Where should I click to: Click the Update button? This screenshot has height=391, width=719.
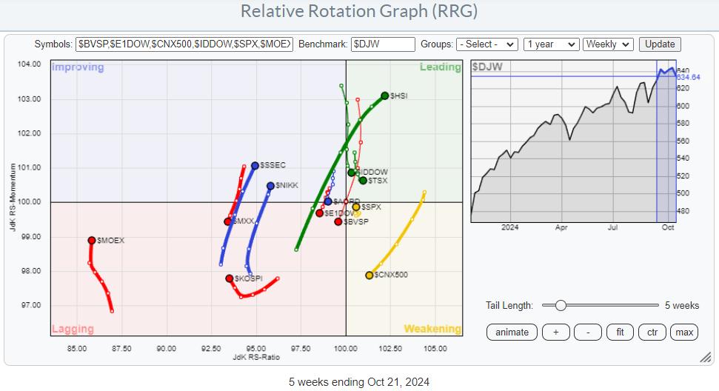click(x=660, y=44)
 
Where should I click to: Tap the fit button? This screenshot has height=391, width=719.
click(x=620, y=332)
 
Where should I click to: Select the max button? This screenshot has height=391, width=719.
click(x=684, y=332)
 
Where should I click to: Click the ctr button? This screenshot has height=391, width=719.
click(x=652, y=332)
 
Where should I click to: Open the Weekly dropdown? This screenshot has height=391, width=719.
click(x=608, y=44)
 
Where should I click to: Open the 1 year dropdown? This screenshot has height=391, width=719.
click(x=551, y=44)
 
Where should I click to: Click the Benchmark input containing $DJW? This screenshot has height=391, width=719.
click(x=382, y=44)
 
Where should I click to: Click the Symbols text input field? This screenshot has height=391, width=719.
click(x=185, y=44)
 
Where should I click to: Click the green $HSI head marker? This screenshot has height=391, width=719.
click(x=385, y=96)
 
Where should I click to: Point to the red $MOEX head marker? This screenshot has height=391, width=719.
click(x=92, y=240)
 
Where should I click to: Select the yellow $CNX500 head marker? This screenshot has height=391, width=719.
click(x=369, y=275)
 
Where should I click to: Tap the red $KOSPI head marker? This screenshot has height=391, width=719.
click(x=230, y=278)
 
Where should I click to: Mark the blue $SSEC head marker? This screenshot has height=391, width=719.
click(x=255, y=165)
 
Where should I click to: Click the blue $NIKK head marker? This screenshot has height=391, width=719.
click(x=270, y=186)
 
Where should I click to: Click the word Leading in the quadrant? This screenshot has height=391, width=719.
click(x=440, y=67)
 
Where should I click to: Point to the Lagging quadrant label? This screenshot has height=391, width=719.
click(x=72, y=328)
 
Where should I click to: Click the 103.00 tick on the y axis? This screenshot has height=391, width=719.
click(x=30, y=99)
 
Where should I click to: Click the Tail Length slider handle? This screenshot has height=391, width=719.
click(x=561, y=305)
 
